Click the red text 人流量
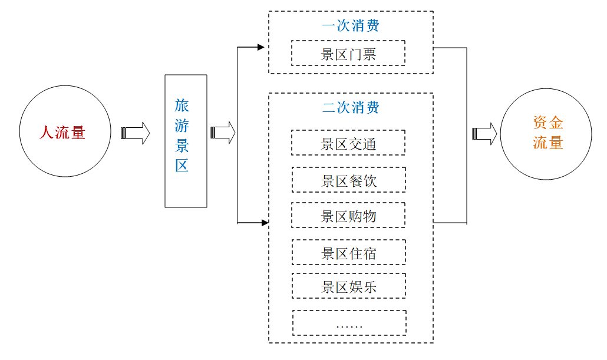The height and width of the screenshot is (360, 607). point(62,133)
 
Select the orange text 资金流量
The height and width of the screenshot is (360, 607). point(547,133)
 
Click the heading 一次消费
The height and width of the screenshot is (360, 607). point(351,25)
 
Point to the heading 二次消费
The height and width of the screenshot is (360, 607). point(351,107)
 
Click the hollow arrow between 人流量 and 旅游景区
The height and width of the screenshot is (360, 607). point(136,133)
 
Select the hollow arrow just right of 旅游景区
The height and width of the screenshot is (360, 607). point(223,133)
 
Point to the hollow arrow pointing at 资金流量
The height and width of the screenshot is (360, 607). point(484,134)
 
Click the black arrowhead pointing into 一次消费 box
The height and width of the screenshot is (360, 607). point(261,47)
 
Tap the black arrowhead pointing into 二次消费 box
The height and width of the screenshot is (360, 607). point(265,223)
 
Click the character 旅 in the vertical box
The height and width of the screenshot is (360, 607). point(182,105)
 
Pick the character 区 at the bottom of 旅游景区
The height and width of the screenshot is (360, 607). point(182,166)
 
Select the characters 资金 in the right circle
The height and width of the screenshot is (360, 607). point(547,123)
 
